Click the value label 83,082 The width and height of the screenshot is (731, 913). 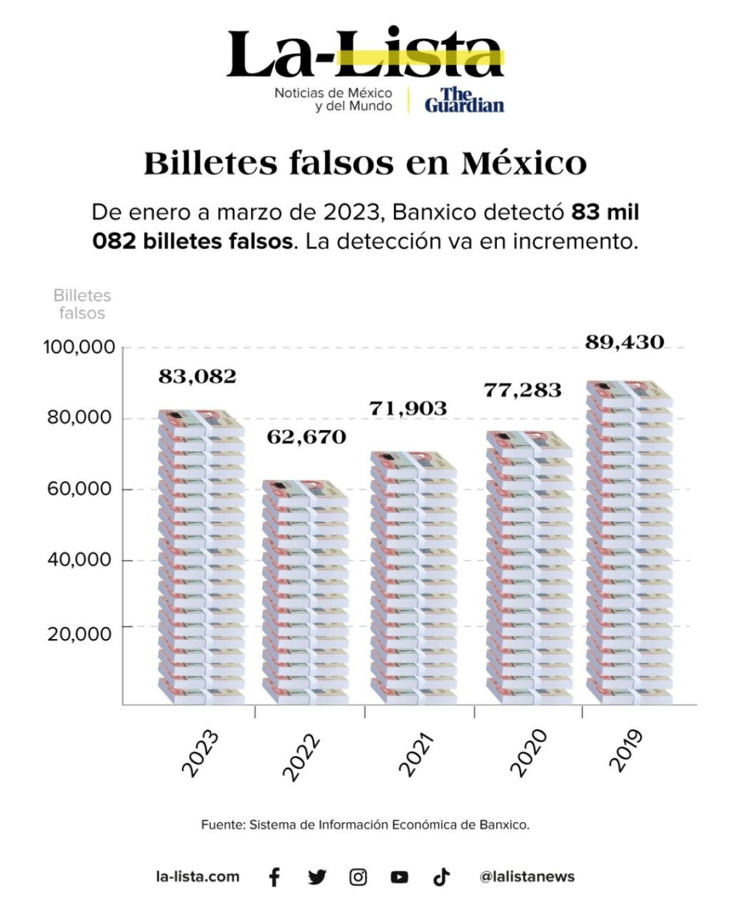point(197,377)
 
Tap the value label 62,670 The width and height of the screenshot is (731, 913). point(306,437)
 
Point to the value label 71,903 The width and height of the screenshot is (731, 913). point(407,408)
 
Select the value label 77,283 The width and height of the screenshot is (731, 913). point(522,389)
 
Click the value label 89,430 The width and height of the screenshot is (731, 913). point(624,342)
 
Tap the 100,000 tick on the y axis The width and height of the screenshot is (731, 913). point(79,347)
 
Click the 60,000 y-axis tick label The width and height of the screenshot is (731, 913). point(79,489)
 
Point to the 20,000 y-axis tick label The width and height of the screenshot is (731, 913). point(79,633)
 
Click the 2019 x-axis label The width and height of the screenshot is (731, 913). point(626,751)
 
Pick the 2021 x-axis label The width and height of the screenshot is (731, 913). point(416,754)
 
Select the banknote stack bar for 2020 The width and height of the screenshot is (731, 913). point(529,568)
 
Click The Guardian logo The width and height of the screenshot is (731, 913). point(464,100)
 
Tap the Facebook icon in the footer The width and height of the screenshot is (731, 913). point(274,877)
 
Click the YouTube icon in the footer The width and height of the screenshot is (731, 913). point(399,877)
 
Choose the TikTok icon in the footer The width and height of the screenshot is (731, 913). point(441,877)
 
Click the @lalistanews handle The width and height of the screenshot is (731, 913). point(527,877)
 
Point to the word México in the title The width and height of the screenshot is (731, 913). point(524,164)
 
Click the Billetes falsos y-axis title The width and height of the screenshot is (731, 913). point(82,304)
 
